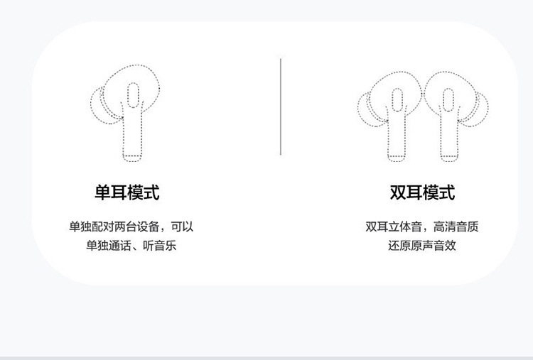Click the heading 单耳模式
click(x=126, y=192)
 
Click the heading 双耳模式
click(x=422, y=192)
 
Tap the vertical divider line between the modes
click(x=281, y=107)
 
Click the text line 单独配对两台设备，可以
click(x=131, y=227)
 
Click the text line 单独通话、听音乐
click(x=131, y=245)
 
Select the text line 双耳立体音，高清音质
click(x=422, y=227)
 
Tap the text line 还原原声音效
click(x=422, y=245)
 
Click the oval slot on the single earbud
click(x=134, y=95)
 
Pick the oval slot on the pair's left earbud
click(x=397, y=100)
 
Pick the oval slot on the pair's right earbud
click(x=448, y=100)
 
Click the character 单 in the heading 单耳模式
click(x=102, y=192)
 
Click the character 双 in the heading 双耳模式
click(x=398, y=192)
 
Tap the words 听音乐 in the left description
click(x=159, y=245)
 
